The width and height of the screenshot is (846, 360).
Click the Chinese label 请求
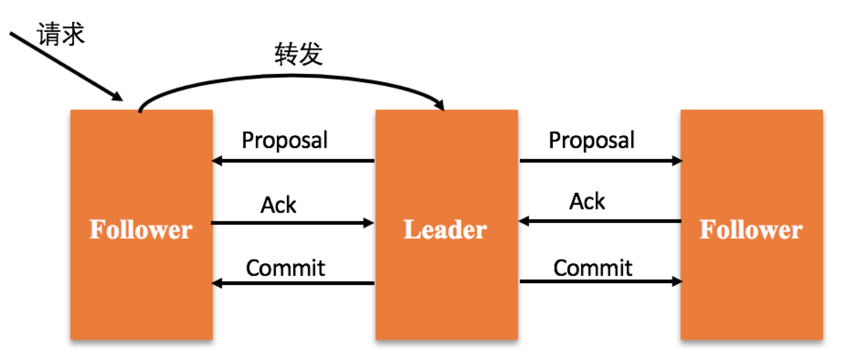pyautogui.click(x=61, y=34)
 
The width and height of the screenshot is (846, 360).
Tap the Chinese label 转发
pyautogui.click(x=298, y=54)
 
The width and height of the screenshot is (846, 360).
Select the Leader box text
pyautogui.click(x=445, y=229)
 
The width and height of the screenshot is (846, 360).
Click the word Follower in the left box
pyautogui.click(x=141, y=229)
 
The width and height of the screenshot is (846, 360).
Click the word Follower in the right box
pyautogui.click(x=751, y=229)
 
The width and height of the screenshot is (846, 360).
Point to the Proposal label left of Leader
pyautogui.click(x=284, y=140)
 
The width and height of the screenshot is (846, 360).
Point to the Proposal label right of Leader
pyautogui.click(x=591, y=140)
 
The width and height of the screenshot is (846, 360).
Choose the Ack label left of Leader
pyautogui.click(x=278, y=205)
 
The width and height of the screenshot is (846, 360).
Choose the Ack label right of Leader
pyautogui.click(x=587, y=202)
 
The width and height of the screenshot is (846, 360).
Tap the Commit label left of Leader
pyautogui.click(x=285, y=268)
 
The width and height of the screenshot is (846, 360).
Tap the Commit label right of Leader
pyautogui.click(x=593, y=268)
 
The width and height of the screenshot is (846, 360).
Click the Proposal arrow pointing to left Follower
pyautogui.click(x=294, y=160)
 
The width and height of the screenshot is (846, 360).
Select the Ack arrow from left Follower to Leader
pyautogui.click(x=292, y=223)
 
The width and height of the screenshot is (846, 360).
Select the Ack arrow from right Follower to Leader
pyautogui.click(x=600, y=221)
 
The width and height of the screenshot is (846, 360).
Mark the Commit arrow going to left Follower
pyautogui.click(x=294, y=283)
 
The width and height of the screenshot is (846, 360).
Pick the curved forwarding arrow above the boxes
pyautogui.click(x=294, y=76)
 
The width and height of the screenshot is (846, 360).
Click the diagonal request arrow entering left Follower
pyautogui.click(x=66, y=66)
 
